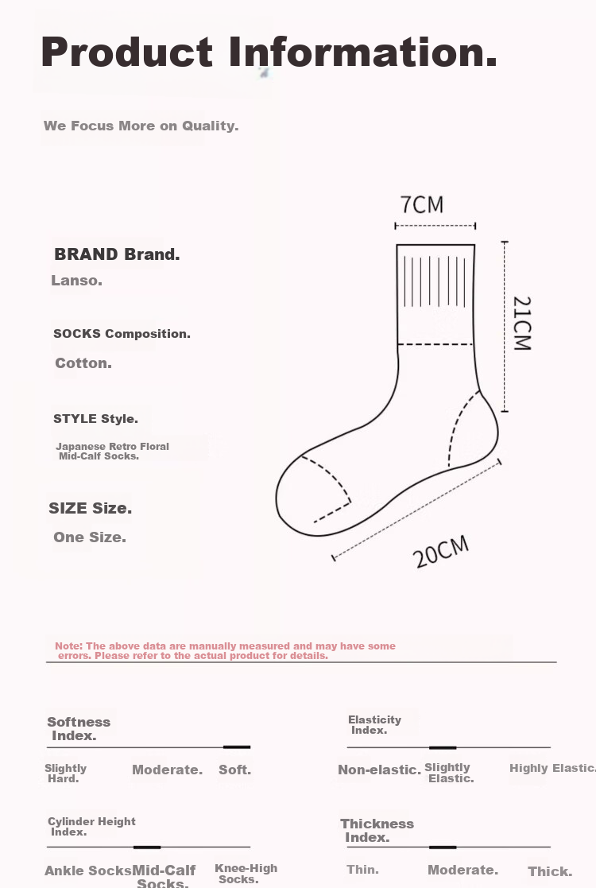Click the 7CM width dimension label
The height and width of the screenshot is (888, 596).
pyautogui.click(x=422, y=205)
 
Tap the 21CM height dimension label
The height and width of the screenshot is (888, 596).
pyautogui.click(x=521, y=324)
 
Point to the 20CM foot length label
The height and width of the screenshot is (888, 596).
pyautogui.click(x=442, y=551)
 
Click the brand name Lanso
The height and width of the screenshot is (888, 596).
pyautogui.click(x=76, y=281)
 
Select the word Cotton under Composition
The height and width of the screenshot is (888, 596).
pyautogui.click(x=83, y=363)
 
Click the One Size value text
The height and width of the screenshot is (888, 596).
pyautogui.click(x=90, y=537)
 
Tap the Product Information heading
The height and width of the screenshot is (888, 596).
pyautogui.click(x=269, y=52)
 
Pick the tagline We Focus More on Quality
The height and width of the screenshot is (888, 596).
pyautogui.click(x=141, y=126)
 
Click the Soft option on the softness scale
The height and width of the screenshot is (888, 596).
pyautogui.click(x=234, y=770)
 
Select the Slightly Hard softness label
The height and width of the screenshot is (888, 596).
pyautogui.click(x=65, y=774)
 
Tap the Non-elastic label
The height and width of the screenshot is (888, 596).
pyautogui.click(x=379, y=770)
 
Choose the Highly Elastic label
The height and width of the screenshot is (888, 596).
pyautogui.click(x=552, y=768)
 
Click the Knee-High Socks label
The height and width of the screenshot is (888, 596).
pyautogui.click(x=246, y=874)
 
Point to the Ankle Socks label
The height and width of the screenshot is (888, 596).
pyautogui.click(x=87, y=871)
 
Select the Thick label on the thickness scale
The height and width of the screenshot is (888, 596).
pyautogui.click(x=550, y=871)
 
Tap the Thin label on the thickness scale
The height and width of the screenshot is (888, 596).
pyautogui.click(x=362, y=870)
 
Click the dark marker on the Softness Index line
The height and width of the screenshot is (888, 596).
pyautogui.click(x=237, y=747)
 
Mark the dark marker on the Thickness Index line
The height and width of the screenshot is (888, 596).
pyautogui.click(x=443, y=847)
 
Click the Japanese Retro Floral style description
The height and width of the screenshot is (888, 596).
pyautogui.click(x=112, y=451)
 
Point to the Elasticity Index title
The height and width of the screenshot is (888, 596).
pyautogui.click(x=374, y=724)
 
